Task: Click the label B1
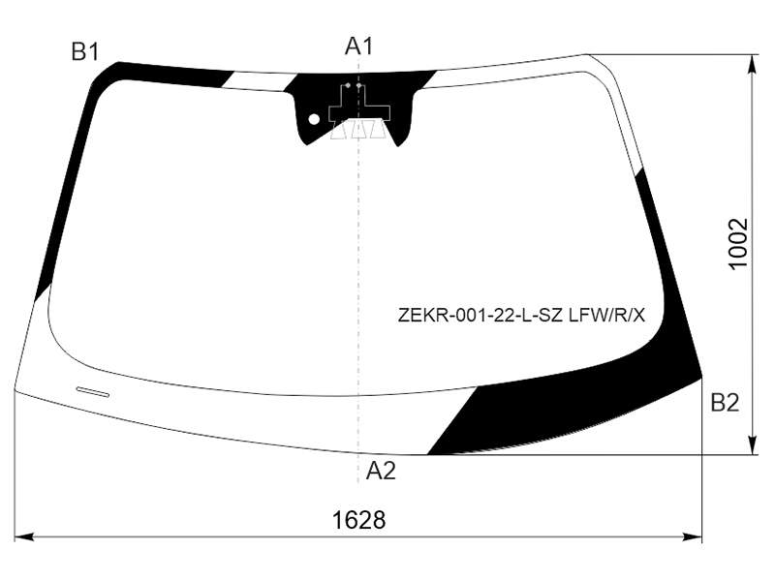pos(85,52)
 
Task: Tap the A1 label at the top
pos(358,46)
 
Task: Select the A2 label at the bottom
pos(381,471)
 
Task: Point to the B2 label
pos(725,403)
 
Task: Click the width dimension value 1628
pos(359,520)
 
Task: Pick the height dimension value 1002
pos(738,244)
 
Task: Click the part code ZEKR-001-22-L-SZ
pos(480,315)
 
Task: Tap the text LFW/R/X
pos(606,315)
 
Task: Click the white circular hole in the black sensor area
pos(314,119)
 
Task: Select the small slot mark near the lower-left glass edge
pos(92,392)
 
